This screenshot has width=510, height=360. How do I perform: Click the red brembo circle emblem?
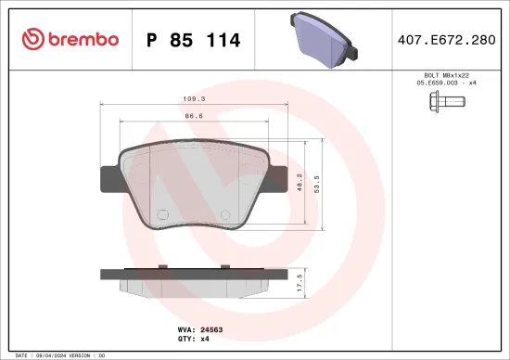pos(32,39)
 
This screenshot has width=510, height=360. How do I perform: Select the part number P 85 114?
pos(194,40)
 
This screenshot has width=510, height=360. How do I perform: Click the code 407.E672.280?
pos(447,40)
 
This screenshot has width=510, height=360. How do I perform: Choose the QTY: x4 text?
pos(192,339)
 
